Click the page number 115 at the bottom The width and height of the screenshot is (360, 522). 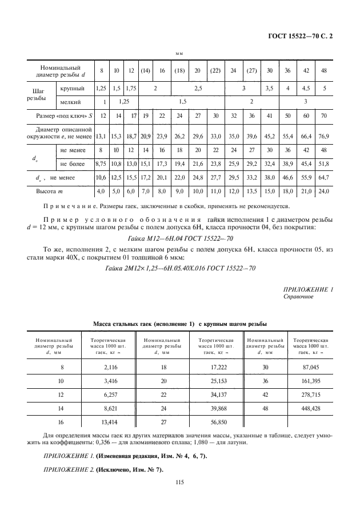click(179, 482)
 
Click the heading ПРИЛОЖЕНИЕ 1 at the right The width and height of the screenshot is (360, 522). click(308, 290)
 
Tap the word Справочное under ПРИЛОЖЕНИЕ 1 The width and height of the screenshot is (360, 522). click(298, 297)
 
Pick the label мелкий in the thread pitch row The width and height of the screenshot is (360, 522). click(71, 102)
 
